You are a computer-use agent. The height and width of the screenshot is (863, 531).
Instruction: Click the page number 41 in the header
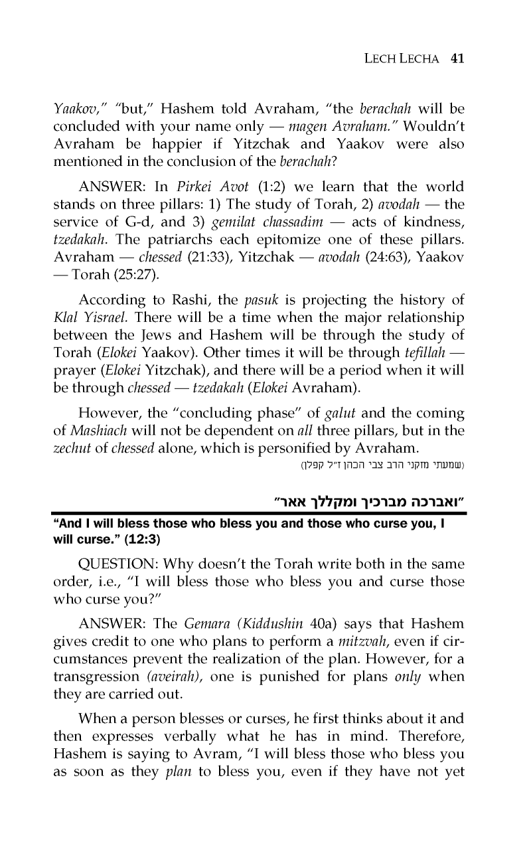[x=456, y=58]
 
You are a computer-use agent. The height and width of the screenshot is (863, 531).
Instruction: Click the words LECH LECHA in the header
[x=403, y=58]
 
